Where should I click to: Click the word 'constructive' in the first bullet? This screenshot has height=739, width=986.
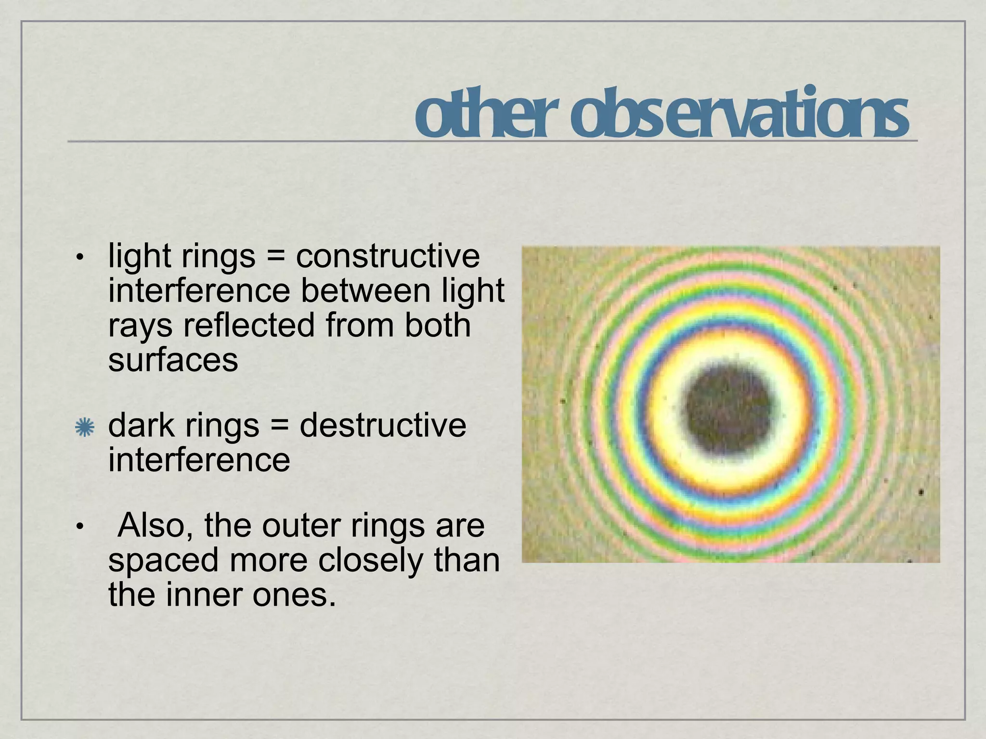click(388, 256)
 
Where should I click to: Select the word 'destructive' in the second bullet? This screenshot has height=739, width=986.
click(383, 425)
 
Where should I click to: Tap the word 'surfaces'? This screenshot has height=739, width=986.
click(173, 360)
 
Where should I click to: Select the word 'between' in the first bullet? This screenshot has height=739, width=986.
click(365, 291)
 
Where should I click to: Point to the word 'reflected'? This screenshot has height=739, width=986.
click(250, 325)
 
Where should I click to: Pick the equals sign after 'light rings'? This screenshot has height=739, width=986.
click(275, 257)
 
